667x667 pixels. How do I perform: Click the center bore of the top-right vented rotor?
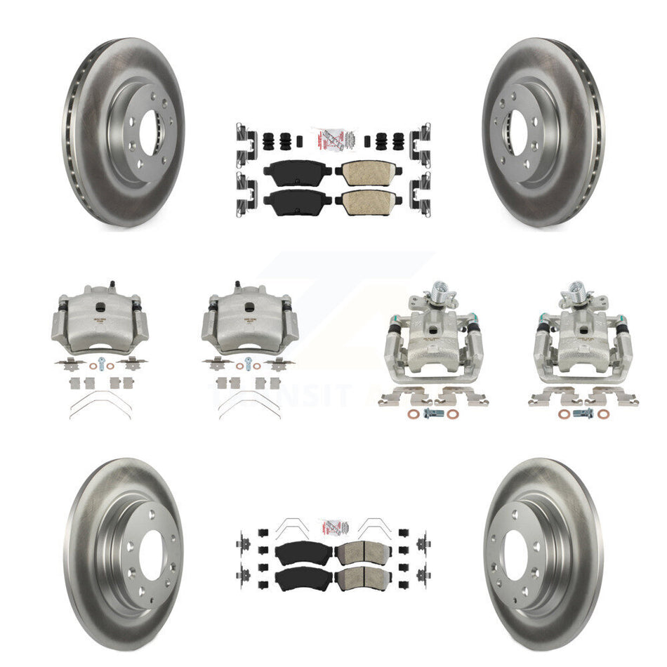[x=517, y=131]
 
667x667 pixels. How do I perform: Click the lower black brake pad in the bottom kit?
[x=293, y=579]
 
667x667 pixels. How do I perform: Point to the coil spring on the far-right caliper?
[x=577, y=288]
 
